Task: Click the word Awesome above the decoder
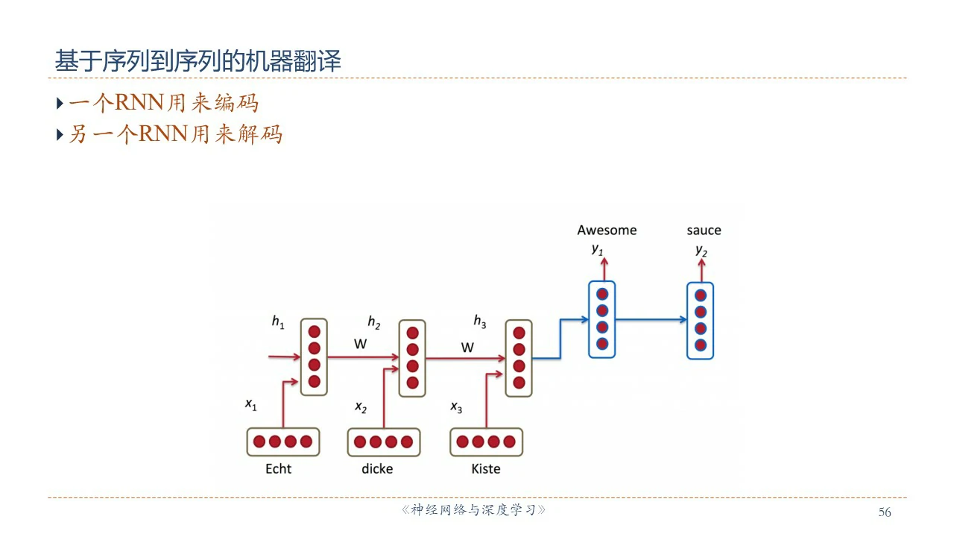coord(607,230)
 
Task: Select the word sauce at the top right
coord(704,230)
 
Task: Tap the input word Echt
coord(278,469)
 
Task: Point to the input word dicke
coord(377,469)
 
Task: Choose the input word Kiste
coord(486,469)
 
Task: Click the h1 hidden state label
coord(277,322)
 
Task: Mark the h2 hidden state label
coord(373,322)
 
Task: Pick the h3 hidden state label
coord(480,322)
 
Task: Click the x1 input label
coord(250,405)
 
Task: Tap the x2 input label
coord(361,407)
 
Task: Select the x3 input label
coord(456,407)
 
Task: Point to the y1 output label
coord(597,249)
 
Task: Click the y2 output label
coord(701,250)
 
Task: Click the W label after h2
coord(467,348)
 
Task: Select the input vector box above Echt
coord(282,442)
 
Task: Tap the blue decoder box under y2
coord(700,320)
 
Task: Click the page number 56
coord(885,512)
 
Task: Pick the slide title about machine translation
coord(198,61)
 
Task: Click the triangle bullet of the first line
coord(60,102)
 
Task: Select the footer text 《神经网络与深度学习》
coord(474,511)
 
